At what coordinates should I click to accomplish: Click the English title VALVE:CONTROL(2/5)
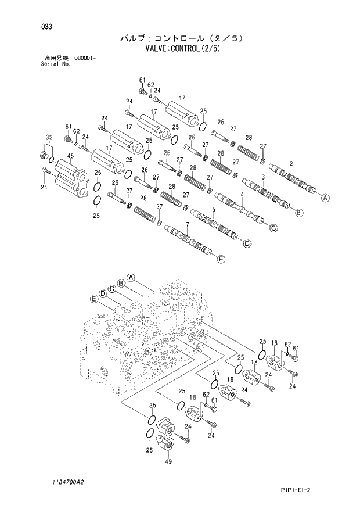tap(181, 49)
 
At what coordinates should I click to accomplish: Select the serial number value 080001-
tap(85, 59)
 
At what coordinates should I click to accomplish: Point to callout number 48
tap(70, 156)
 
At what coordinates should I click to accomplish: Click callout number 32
tap(49, 137)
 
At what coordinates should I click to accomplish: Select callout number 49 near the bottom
tap(168, 461)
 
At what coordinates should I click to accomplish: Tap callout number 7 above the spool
tap(188, 224)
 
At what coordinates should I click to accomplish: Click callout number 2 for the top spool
tap(290, 163)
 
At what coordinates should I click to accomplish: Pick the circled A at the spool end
tap(325, 198)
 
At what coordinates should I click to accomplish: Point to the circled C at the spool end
tap(273, 228)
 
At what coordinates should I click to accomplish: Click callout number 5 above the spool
tap(214, 209)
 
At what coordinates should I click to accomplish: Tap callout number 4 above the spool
tap(242, 193)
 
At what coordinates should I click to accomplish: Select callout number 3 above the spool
tap(263, 177)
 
